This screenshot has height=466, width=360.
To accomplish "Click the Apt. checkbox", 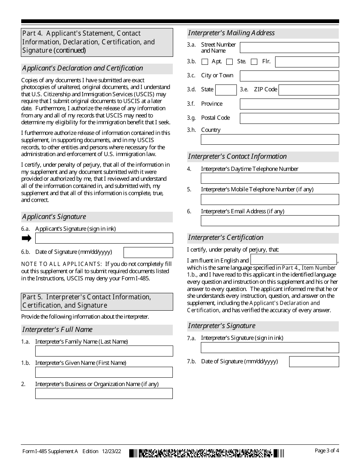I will click(x=205, y=62).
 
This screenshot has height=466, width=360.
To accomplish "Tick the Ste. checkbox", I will click(x=229, y=62).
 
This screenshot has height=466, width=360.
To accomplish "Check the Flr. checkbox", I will click(x=254, y=62).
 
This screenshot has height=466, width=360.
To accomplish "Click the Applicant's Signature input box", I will click(x=104, y=238).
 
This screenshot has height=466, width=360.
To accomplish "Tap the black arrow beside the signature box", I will click(x=27, y=238).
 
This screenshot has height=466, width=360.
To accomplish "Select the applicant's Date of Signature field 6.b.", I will click(x=148, y=252).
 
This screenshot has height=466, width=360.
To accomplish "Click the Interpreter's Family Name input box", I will click(x=104, y=351).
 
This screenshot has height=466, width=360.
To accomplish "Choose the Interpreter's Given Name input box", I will click(x=104, y=372).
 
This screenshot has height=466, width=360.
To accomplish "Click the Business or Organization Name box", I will click(x=104, y=393).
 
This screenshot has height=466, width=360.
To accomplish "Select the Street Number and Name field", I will click(x=289, y=47).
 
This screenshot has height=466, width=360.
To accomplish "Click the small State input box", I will click(x=226, y=90).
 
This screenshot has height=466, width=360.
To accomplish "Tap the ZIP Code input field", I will click(x=308, y=90).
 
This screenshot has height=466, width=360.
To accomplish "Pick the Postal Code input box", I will click(x=289, y=118).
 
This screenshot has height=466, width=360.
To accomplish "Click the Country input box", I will click(x=270, y=139).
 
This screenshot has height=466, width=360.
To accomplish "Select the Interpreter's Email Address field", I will click(x=270, y=220).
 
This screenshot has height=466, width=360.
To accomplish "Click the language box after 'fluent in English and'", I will click(x=294, y=260).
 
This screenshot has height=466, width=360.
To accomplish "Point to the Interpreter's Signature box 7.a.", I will click(x=270, y=347).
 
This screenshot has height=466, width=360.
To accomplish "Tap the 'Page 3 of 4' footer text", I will click(x=327, y=450).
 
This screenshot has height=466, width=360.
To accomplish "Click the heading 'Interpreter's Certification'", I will click(x=226, y=238).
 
